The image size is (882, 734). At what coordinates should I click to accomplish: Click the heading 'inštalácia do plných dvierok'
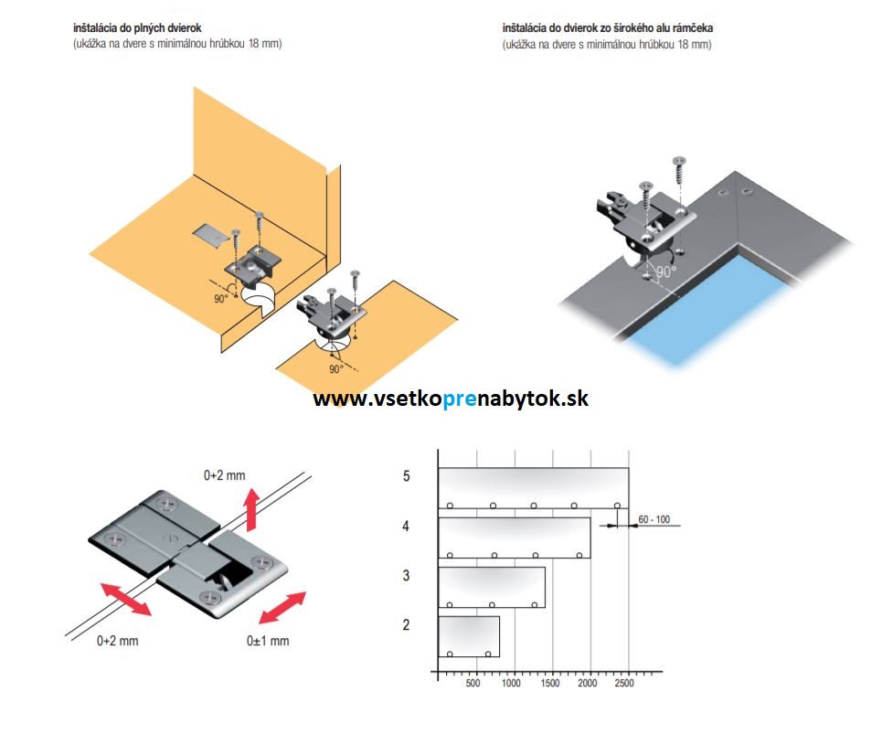(x=137, y=27)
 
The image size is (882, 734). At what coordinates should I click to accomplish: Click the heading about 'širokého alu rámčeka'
(x=608, y=27)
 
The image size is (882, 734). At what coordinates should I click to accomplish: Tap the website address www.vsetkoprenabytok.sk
(x=451, y=399)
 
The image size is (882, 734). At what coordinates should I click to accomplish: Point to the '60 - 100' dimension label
(x=654, y=519)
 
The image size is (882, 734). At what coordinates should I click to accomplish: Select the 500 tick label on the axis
(x=473, y=683)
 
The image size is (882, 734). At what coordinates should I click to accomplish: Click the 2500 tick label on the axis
(x=624, y=683)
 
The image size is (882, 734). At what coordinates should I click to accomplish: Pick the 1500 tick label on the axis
(x=549, y=683)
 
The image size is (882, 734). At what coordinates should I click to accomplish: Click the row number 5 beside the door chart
(x=406, y=476)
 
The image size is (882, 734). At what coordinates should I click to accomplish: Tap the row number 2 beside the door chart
(x=406, y=625)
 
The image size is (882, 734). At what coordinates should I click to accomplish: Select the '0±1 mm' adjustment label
(x=268, y=641)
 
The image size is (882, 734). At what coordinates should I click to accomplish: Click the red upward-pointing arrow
(x=251, y=509)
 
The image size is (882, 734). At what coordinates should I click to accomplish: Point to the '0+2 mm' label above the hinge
(x=225, y=475)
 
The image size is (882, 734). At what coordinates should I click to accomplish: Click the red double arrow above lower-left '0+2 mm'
(x=126, y=600)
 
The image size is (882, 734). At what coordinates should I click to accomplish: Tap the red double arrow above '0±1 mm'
(x=282, y=608)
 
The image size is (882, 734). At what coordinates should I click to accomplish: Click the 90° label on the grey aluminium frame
(x=665, y=271)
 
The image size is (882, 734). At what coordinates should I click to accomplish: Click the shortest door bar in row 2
(x=469, y=637)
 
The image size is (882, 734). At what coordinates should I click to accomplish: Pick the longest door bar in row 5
(x=533, y=488)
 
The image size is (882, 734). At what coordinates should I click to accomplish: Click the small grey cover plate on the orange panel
(x=209, y=235)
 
